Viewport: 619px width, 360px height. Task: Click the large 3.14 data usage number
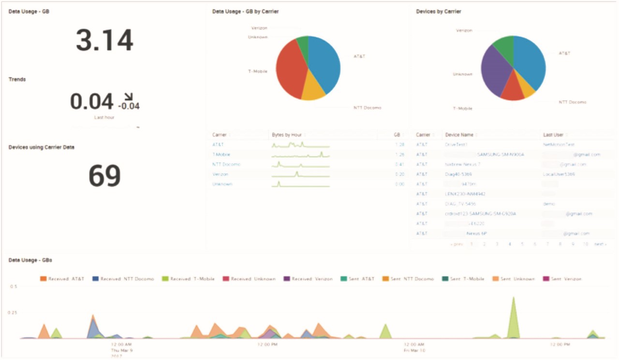click(104, 41)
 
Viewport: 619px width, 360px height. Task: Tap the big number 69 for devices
click(104, 176)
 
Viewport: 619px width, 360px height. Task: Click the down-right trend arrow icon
click(129, 96)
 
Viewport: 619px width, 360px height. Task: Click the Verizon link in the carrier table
click(220, 174)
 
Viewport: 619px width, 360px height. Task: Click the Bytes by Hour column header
click(287, 135)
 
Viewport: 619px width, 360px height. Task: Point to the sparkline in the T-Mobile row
click(300, 155)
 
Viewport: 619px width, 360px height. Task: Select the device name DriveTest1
click(457, 144)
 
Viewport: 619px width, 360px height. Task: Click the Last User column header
click(553, 135)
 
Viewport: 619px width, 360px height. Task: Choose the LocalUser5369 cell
click(559, 174)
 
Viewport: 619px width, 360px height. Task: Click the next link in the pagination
click(600, 245)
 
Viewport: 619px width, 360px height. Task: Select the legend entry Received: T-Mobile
click(189, 279)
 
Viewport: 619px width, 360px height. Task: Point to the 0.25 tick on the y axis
click(13, 313)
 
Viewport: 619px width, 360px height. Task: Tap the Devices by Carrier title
click(438, 12)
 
